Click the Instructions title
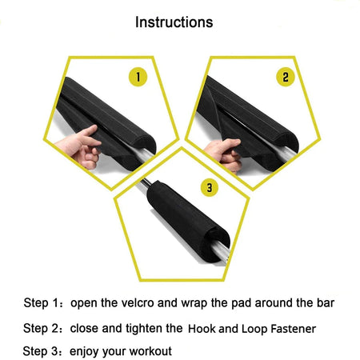174,22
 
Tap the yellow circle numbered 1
138,78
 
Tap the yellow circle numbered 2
286,78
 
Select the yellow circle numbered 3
209,189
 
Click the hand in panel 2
222,152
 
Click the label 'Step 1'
41,304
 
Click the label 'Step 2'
41,328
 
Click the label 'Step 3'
41,351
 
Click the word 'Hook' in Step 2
202,329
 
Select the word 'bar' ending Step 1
325,304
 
